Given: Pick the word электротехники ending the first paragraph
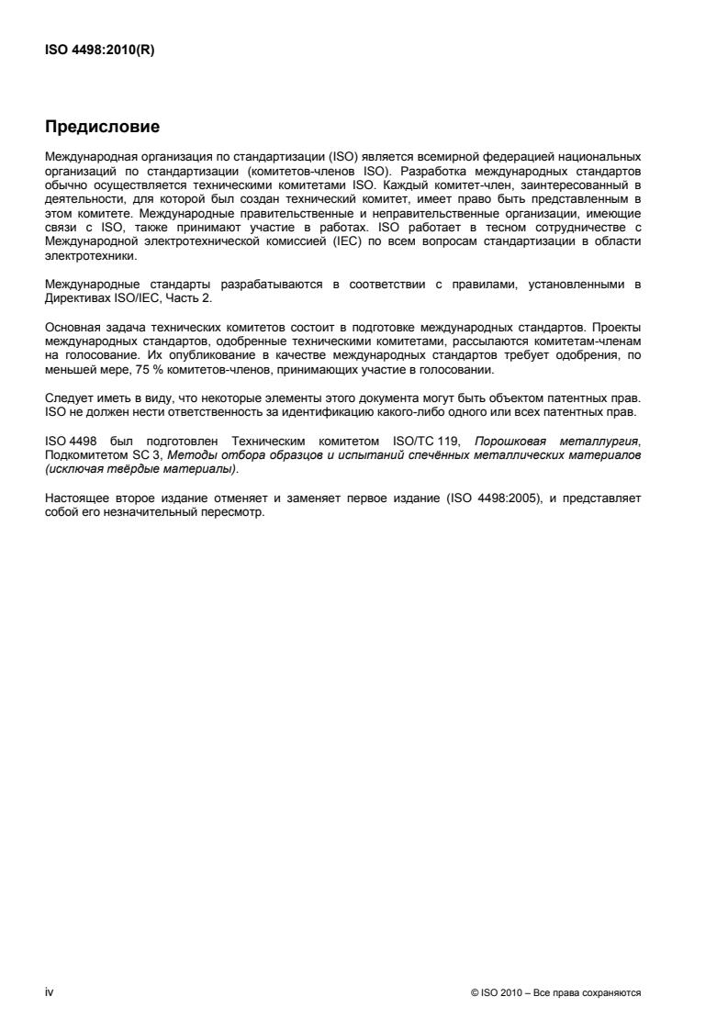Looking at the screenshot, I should (90, 252).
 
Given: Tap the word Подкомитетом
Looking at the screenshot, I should (88, 454).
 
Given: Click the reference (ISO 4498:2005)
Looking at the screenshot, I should (467, 499).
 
